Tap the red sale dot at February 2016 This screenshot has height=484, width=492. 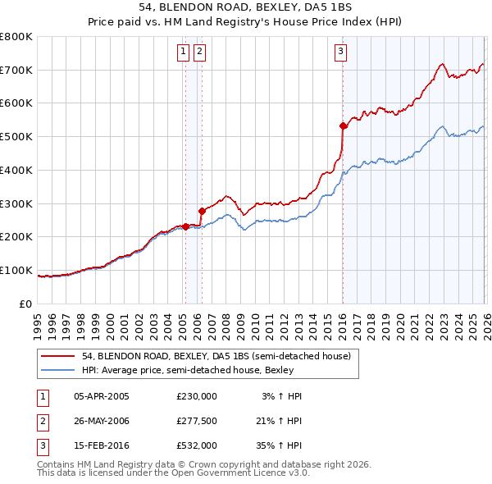pos(343,126)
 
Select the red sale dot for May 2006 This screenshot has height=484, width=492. pos(202,211)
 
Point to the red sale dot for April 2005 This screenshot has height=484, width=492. pos(185,226)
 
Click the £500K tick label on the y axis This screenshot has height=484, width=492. pos(16,137)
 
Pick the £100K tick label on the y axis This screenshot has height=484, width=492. pos(16,270)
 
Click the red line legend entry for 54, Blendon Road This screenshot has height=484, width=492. pos(216,356)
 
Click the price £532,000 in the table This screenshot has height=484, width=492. pos(197,445)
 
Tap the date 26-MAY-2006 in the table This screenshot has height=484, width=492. pos(102,421)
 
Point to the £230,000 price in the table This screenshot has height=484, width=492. pos(197,396)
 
